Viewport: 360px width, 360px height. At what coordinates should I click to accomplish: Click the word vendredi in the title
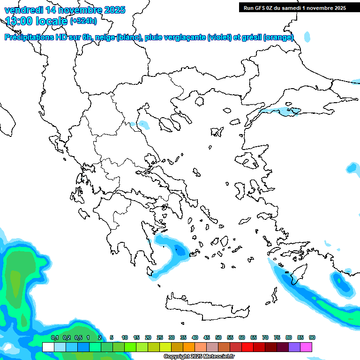pyautogui.click(x=24, y=9)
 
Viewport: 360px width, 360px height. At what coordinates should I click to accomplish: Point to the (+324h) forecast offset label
pyautogui.click(x=83, y=21)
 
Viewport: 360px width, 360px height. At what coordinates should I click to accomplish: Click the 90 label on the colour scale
pyautogui.click(x=312, y=337)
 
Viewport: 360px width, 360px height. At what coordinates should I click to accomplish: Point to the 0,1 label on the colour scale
pyautogui.click(x=55, y=337)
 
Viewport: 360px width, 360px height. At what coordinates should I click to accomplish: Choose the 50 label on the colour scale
pyautogui.click(x=218, y=337)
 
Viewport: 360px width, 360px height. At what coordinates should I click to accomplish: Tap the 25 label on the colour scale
pyautogui.click(x=160, y=337)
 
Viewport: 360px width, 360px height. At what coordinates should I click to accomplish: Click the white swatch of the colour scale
pyautogui.click(x=48, y=347)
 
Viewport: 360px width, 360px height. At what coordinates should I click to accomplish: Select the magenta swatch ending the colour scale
pyautogui.click(x=306, y=347)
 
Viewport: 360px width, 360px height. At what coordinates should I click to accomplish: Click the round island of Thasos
pyautogui.click(x=200, y=101)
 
